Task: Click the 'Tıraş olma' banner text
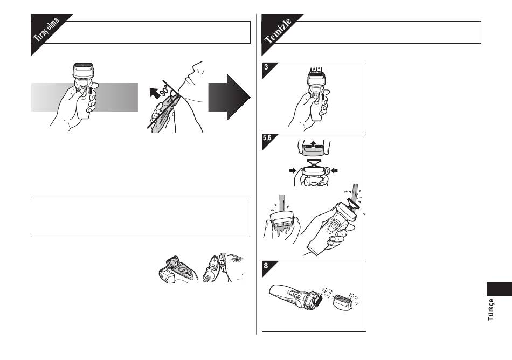(x=46, y=30)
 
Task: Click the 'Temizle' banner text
(x=278, y=31)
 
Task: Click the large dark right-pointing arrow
(x=229, y=97)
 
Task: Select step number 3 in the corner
(x=266, y=67)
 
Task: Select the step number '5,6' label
(x=267, y=138)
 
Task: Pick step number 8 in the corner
(x=266, y=266)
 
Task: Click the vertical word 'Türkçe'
(x=490, y=309)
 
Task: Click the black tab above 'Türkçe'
(x=499, y=289)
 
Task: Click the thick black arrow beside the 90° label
(x=155, y=93)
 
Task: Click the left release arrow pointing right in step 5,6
(x=293, y=170)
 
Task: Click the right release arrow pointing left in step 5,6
(x=334, y=170)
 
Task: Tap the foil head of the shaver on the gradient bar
(x=83, y=71)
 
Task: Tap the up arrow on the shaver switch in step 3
(x=323, y=96)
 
